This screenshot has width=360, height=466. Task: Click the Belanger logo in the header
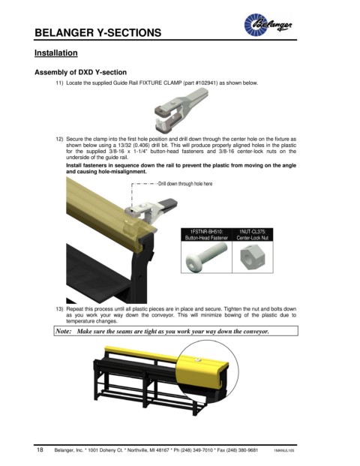click(268, 24)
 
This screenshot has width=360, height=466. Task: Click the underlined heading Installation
click(55, 53)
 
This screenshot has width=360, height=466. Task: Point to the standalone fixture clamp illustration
click(181, 110)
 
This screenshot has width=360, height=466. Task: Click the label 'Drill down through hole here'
click(185, 184)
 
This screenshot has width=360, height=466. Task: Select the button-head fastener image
click(206, 256)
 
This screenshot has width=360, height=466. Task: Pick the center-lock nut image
click(252, 257)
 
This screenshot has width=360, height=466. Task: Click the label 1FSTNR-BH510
click(206, 232)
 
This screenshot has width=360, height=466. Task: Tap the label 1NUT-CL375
click(253, 232)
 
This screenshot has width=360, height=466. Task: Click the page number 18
click(40, 449)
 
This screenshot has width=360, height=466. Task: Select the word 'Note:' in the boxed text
click(64, 331)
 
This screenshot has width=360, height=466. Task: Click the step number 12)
click(59, 139)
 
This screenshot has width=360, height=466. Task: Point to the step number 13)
click(59, 309)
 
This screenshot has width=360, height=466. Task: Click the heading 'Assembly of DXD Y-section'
click(80, 72)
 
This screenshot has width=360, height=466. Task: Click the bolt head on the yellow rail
click(197, 359)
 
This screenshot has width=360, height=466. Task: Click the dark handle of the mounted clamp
click(168, 204)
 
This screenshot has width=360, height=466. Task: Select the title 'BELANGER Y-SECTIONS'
click(98, 32)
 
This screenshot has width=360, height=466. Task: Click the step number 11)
click(59, 83)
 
